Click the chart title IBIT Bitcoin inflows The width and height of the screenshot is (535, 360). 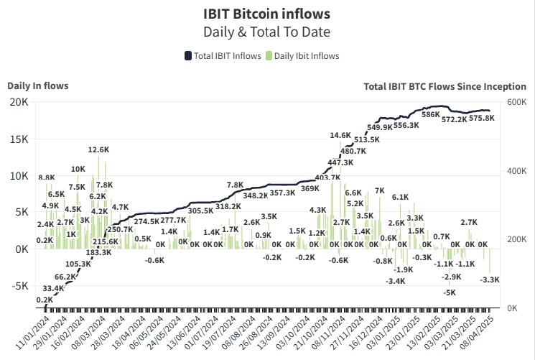coord(267,14)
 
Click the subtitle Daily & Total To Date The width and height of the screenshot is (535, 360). coord(267,32)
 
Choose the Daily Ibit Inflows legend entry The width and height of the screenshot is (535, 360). coord(302,56)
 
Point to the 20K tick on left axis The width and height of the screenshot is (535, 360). coord(19,102)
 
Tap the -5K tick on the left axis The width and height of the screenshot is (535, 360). coord(19,285)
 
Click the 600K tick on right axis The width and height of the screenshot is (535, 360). coord(516,103)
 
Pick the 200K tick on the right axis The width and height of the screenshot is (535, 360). coord(516,239)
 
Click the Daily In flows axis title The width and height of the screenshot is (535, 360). coord(38,86)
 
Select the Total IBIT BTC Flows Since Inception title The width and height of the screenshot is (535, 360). coord(444,86)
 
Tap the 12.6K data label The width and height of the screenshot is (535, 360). coord(98,150)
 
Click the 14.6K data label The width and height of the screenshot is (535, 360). coord(340,135)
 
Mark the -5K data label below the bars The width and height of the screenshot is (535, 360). coord(450,292)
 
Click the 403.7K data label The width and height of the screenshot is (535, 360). coord(328,177)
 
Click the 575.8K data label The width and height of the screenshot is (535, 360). coord(481,119)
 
